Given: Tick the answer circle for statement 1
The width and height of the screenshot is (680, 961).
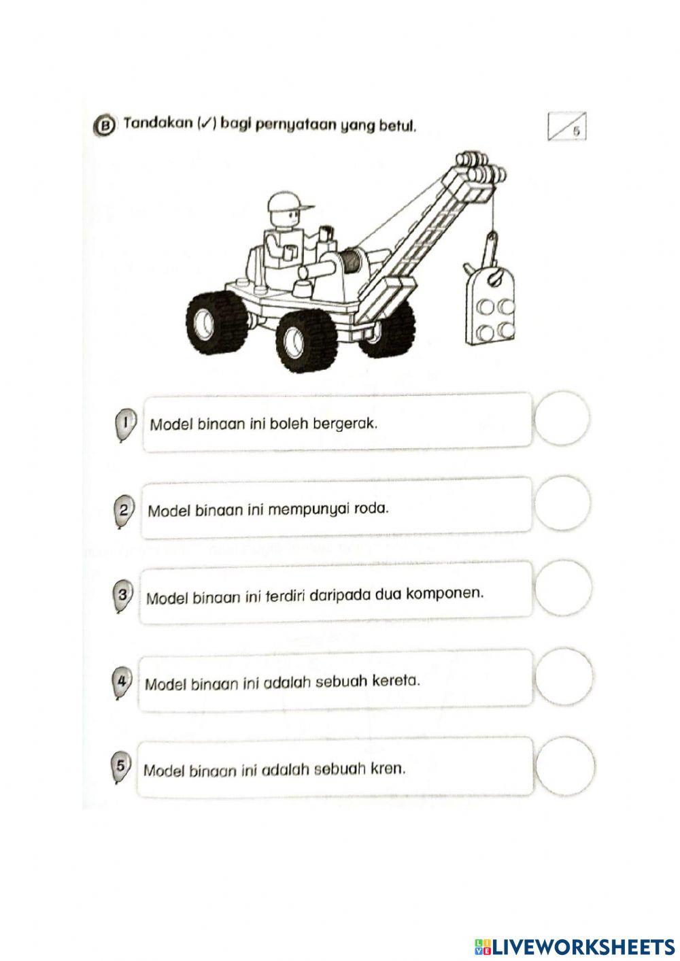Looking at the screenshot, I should tap(562, 419).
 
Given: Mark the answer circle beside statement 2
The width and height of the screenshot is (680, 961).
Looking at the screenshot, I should tap(562, 504).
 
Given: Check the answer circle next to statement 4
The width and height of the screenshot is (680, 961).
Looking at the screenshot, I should tap(562, 676).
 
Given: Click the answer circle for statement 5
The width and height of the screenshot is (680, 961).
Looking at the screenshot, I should tap(562, 765).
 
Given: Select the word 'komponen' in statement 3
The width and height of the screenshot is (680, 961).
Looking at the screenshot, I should tap(445, 593).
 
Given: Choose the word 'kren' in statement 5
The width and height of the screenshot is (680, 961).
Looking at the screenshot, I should tap(388, 769).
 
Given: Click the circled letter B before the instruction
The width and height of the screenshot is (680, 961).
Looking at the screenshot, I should tap(105, 126).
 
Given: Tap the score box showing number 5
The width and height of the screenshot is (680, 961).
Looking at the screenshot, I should tap(566, 128).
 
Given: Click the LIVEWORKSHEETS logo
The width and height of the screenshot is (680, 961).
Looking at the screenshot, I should tap(573, 945).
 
